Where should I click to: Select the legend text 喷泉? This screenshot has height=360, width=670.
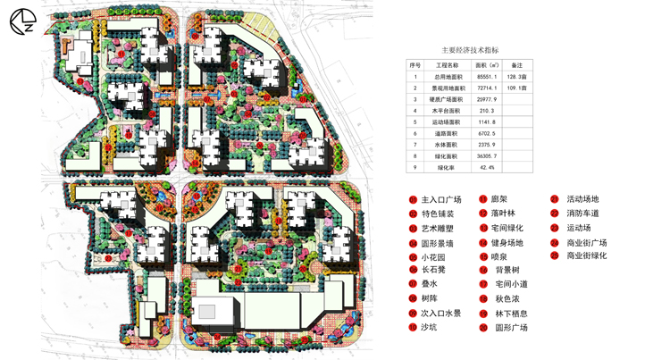499,256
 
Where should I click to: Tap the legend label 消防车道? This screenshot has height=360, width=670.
582,213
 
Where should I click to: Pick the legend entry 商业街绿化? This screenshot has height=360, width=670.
587,256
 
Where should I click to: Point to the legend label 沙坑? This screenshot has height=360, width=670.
430,328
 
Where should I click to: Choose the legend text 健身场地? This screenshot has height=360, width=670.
507,242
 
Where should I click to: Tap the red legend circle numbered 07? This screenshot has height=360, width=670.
413,285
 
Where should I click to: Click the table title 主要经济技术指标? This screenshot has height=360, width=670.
470,51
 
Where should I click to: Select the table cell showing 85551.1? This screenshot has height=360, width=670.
487,77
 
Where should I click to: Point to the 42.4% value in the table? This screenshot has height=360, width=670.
487,167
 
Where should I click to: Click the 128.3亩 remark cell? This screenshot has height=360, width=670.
517,77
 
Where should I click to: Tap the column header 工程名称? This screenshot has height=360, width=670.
447,65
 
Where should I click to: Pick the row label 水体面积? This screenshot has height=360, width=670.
447,145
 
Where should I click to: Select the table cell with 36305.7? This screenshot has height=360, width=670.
487,156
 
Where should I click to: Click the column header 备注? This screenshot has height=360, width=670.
517,65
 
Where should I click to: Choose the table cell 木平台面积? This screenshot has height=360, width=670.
447,111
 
